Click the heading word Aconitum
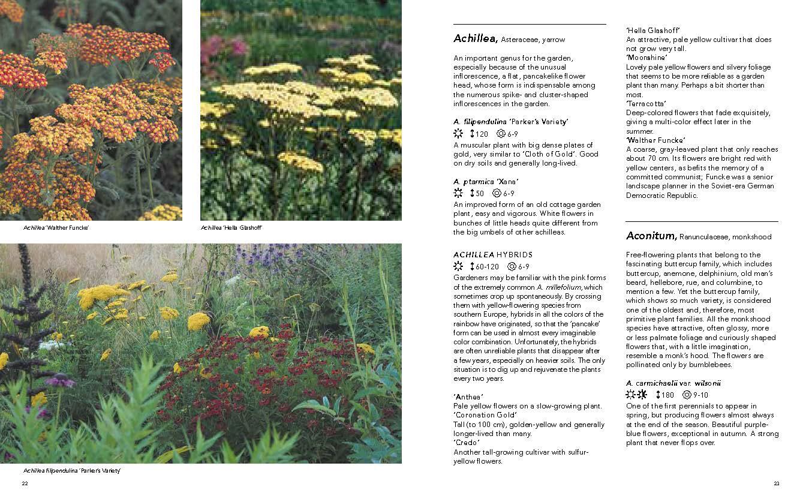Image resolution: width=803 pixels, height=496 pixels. (651, 236)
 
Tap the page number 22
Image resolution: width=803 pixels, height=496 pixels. (25, 483)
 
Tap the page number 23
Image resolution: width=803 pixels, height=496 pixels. (777, 483)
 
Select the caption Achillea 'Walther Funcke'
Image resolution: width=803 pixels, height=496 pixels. (56, 228)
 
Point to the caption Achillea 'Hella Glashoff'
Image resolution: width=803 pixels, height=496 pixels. (232, 228)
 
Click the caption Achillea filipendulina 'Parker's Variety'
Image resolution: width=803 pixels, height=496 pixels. (72, 471)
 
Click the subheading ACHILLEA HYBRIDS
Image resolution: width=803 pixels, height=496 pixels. (493, 255)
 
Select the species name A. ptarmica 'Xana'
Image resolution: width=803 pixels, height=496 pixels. (486, 182)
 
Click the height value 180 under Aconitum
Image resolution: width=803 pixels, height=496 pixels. (668, 395)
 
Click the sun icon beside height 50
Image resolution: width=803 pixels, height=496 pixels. (459, 193)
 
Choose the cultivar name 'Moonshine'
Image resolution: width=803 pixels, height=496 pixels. (647, 58)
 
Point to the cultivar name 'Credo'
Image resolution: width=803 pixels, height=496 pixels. (467, 443)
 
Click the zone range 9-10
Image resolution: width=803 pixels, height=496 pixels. (700, 395)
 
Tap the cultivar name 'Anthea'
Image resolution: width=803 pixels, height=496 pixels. (469, 397)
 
